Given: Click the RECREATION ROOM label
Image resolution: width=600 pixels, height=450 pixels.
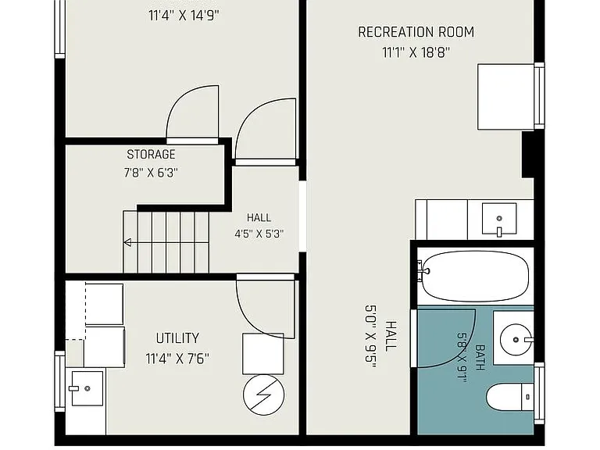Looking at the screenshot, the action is [x=416, y=32].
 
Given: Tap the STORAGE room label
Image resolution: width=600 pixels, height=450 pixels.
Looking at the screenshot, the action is [x=151, y=155].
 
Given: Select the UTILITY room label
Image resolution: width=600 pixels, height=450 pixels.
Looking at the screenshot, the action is [x=177, y=338].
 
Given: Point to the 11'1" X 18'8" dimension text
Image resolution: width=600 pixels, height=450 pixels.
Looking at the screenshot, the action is [x=416, y=52].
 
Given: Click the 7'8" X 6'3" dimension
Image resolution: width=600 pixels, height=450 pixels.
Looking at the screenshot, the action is [x=151, y=173].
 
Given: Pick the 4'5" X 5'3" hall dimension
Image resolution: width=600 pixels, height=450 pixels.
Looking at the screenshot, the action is [x=259, y=234].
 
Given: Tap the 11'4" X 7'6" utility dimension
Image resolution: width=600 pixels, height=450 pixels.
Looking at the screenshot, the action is [x=177, y=359].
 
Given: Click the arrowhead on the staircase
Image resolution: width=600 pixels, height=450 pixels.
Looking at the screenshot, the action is [x=127, y=242].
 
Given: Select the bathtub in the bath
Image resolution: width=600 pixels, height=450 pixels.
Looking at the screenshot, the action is [x=475, y=276].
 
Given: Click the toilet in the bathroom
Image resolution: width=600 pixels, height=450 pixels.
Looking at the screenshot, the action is [x=509, y=397].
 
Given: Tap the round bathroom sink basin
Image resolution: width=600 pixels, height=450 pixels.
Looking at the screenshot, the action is [x=516, y=340].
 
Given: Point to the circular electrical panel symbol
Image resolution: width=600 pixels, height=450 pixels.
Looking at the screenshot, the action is [x=263, y=395].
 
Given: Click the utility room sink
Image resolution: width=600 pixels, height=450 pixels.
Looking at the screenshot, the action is [x=87, y=388].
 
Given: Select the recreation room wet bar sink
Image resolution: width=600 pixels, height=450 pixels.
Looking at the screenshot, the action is [x=499, y=219].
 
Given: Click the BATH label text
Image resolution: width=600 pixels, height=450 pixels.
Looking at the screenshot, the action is [x=480, y=357].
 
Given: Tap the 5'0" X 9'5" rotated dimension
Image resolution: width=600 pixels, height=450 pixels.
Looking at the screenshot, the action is [x=371, y=337].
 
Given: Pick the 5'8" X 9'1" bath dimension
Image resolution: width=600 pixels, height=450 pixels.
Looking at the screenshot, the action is [x=462, y=357].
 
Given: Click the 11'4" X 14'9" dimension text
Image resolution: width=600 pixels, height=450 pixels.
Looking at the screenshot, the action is [x=184, y=16].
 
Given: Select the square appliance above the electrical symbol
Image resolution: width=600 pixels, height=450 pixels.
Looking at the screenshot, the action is [x=263, y=354].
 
